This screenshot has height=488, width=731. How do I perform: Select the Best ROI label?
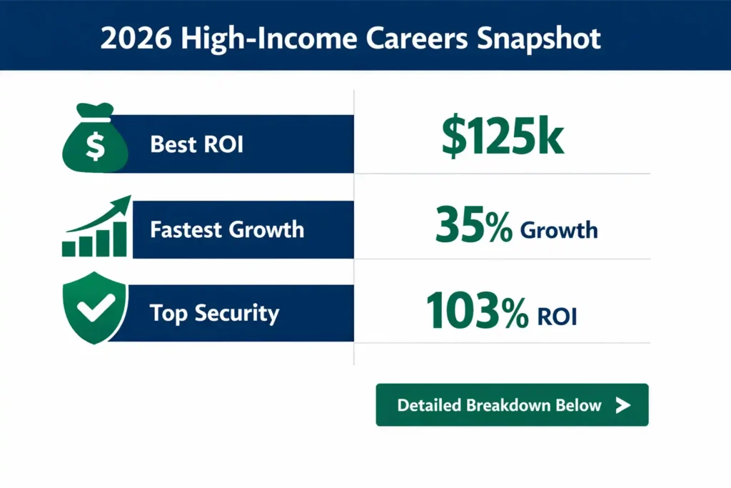[x=197, y=144]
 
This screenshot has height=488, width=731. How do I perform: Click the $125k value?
[x=503, y=138]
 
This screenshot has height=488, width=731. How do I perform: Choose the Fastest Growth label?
[x=227, y=230]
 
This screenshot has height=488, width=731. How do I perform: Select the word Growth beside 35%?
[x=559, y=230]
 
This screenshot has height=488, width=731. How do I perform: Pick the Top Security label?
[x=214, y=314]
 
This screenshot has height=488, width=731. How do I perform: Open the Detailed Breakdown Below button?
[x=512, y=405]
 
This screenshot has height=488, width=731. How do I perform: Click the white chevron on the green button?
[x=622, y=405]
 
